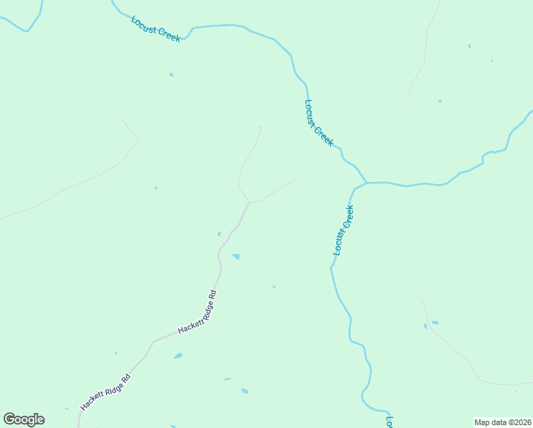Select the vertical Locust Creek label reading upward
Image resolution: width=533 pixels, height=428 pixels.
pos(343,230)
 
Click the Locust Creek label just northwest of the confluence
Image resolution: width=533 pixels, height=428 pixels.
pos(319,123)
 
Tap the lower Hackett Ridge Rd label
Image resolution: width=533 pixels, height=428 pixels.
pos(106,392)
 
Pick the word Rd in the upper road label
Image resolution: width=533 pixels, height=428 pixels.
pos(212,295)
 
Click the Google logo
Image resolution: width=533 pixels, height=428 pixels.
pos(24,419)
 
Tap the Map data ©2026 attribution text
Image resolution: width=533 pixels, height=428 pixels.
pos(503,422)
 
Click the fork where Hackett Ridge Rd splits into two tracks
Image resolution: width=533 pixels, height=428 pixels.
pos(249,203)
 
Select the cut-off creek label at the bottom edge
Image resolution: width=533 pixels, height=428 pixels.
pos(389,421)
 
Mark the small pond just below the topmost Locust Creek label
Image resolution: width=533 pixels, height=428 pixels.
pos(171,74)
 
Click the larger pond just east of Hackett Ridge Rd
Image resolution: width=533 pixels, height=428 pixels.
pos(236,256)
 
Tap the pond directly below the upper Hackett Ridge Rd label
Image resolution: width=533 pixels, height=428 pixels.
pos(178,355)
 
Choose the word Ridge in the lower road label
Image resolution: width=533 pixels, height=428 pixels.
pos(114,385)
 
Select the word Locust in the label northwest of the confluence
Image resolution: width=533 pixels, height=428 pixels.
pos(311,112)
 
